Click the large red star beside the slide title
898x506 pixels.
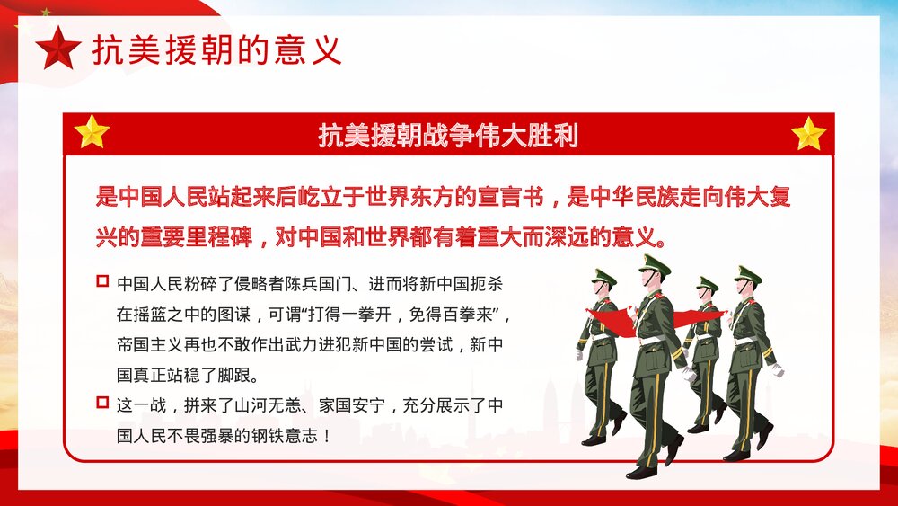pyautogui.click(x=59, y=49)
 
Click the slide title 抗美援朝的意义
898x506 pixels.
pyautogui.click(x=217, y=50)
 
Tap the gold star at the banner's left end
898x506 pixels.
pyautogui.click(x=92, y=133)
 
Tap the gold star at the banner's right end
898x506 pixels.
pyautogui.click(x=808, y=133)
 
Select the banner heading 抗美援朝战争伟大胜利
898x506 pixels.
pyautogui.click(x=448, y=136)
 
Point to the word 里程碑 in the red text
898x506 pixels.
pyautogui.click(x=219, y=240)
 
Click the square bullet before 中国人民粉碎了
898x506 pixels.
pyautogui.click(x=101, y=282)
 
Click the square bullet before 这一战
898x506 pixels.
pyautogui.click(x=101, y=404)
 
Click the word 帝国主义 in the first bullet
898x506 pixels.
pyautogui.click(x=147, y=345)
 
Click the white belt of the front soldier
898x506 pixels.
pyautogui.click(x=653, y=341)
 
